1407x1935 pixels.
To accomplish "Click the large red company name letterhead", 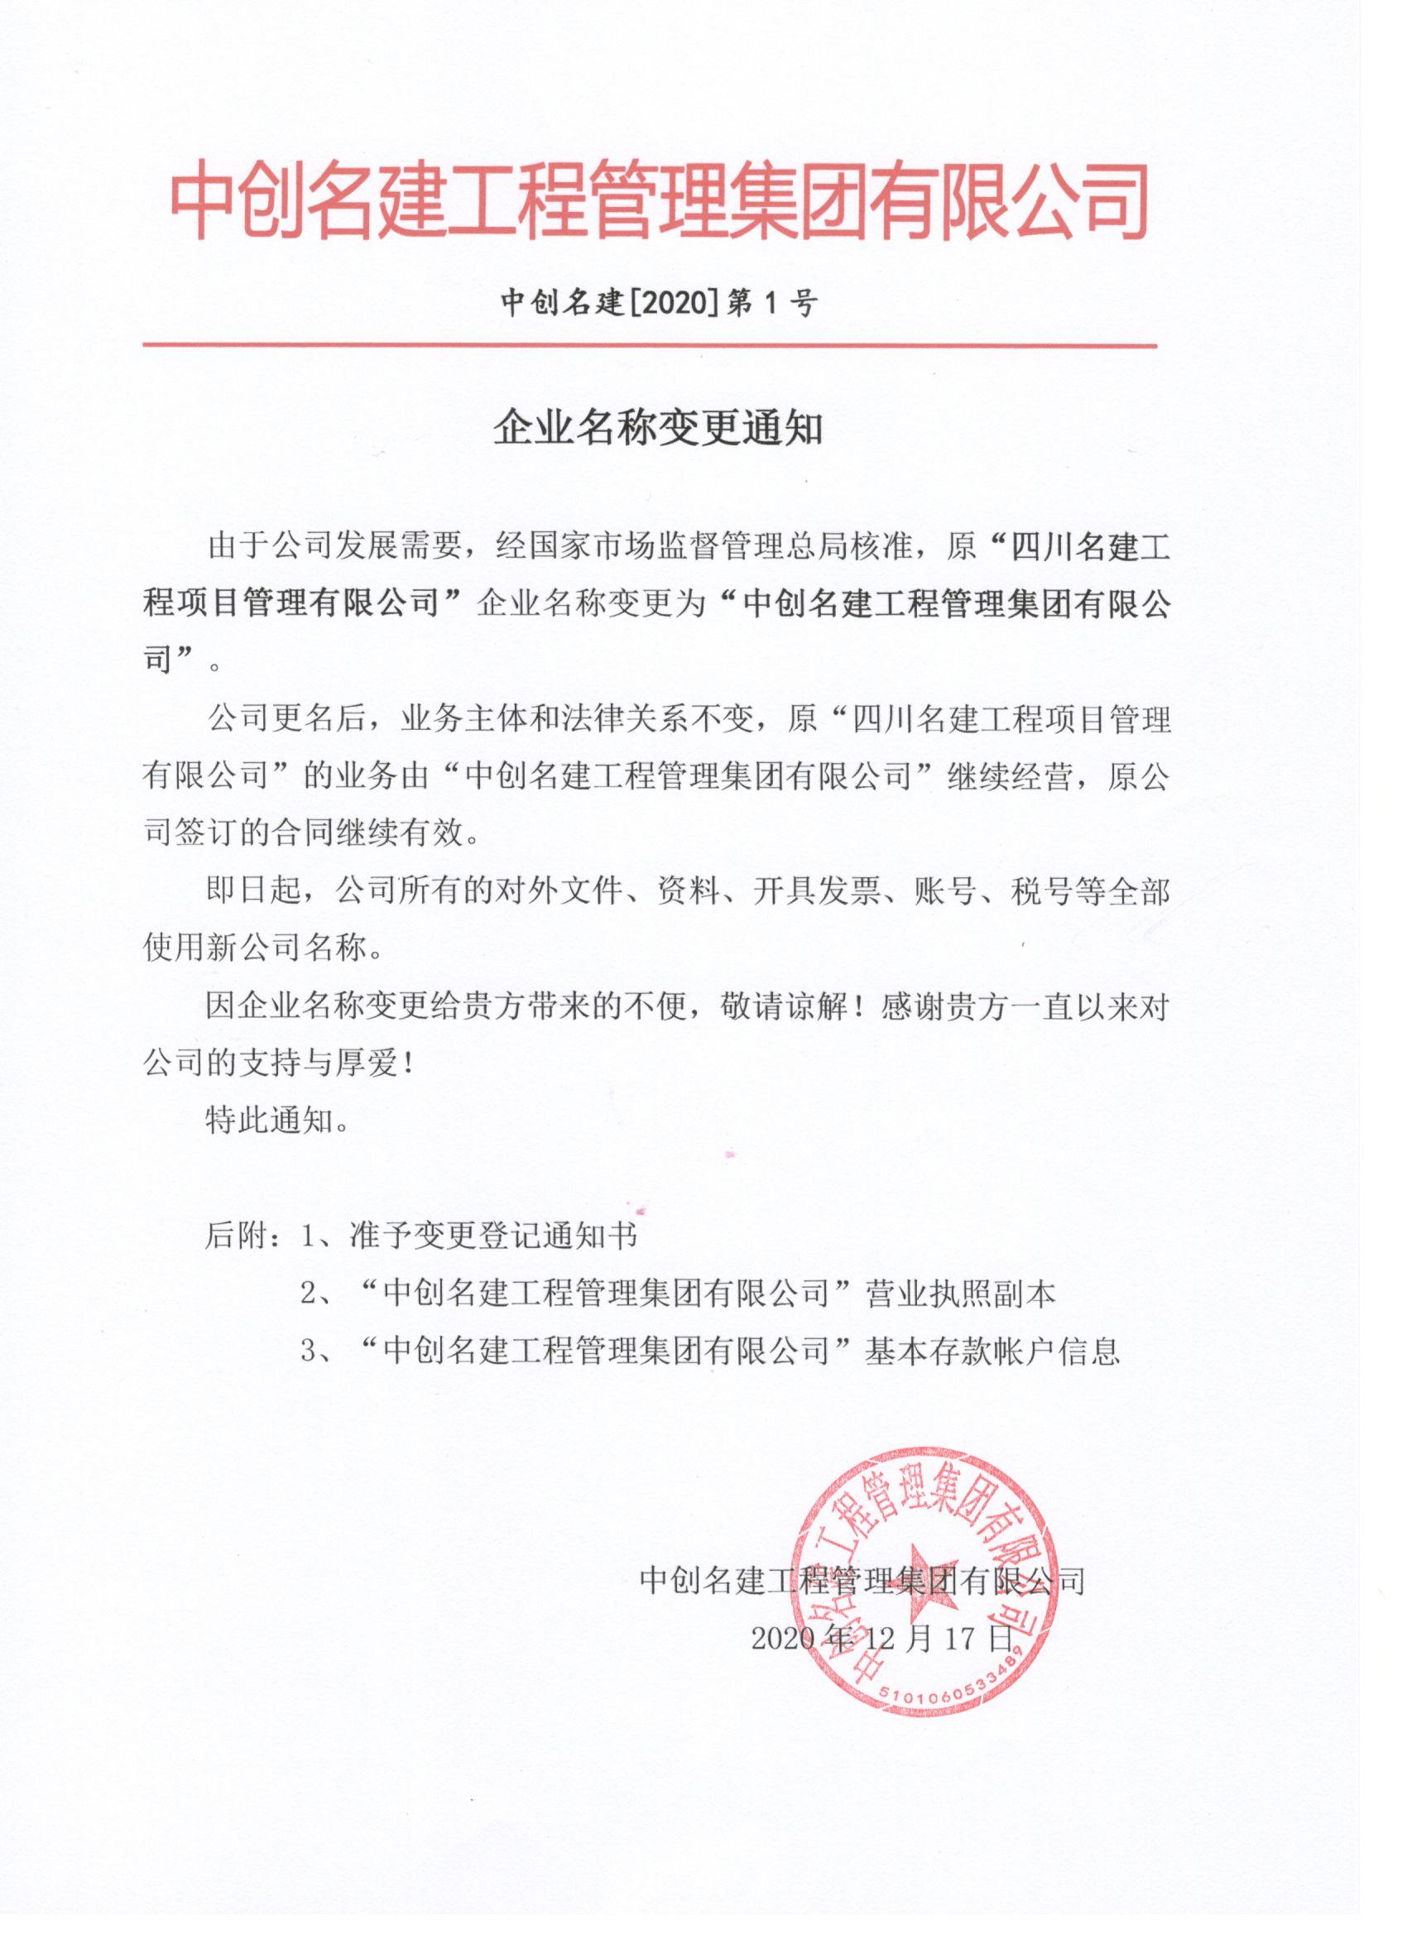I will tap(659, 201).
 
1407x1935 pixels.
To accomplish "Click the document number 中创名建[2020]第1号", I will tap(659, 303).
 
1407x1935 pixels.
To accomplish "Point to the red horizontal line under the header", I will tap(651, 347).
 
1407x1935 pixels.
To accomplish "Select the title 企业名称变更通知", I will tap(659, 430).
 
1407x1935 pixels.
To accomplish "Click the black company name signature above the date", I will tap(862, 1581).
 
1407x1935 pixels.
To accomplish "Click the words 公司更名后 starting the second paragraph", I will tap(285, 719).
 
